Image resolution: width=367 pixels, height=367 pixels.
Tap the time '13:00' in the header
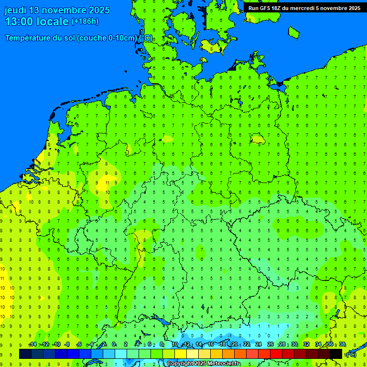[x=19, y=22]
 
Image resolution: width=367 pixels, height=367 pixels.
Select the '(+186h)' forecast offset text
[x=85, y=22]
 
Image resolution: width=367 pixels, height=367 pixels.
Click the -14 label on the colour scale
[x=32, y=345]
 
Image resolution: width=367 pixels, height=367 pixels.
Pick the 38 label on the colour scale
[x=342, y=345]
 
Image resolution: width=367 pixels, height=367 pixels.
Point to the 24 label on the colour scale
[x=259, y=345]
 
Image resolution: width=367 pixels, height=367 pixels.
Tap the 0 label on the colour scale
[x=114, y=345]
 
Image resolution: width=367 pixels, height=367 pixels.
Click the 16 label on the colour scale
[x=211, y=345]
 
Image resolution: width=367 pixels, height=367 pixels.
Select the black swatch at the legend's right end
[x=336, y=354]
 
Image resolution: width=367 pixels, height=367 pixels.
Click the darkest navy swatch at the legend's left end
[x=25, y=354]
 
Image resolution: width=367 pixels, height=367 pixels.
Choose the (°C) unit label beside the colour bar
[x=351, y=354]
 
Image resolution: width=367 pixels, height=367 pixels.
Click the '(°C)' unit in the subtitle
[x=147, y=38]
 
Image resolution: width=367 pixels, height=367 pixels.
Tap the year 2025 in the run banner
[x=354, y=8]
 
